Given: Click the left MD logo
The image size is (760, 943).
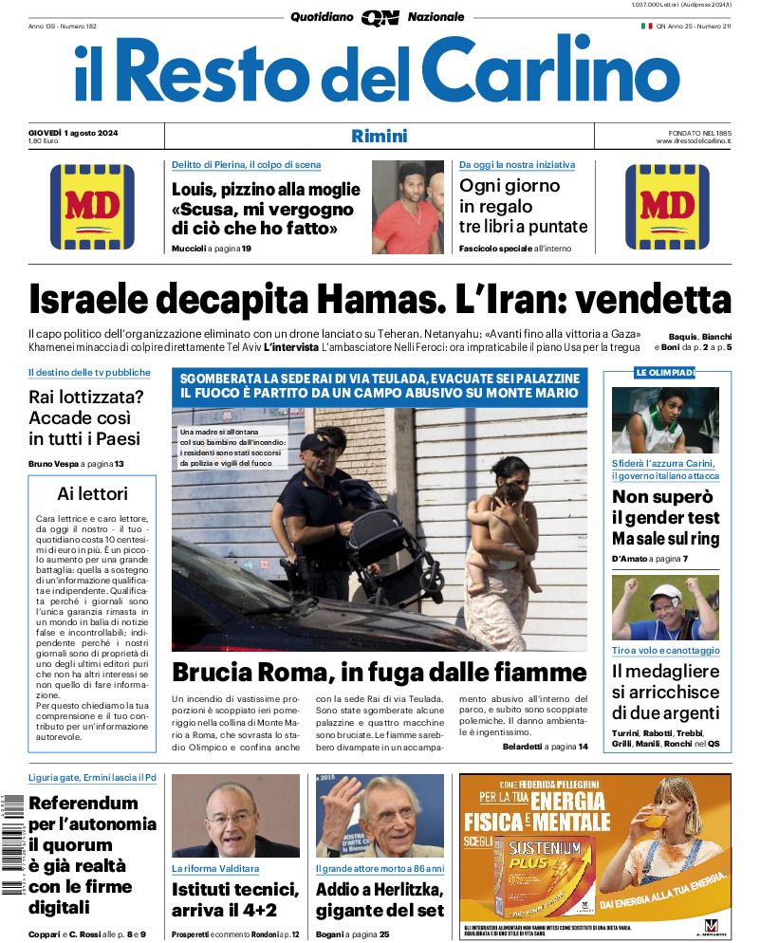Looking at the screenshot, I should point(92,207).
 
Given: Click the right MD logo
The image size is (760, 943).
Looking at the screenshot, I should point(667,207).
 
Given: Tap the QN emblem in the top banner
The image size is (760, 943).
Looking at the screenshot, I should point(380,17).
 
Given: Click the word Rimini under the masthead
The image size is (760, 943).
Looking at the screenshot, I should point(379,136).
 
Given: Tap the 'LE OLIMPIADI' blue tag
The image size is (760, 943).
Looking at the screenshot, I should point(665,373).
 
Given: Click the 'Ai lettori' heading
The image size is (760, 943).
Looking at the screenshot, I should point(92,493).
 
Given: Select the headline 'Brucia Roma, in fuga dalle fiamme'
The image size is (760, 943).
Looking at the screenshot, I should point(380,674).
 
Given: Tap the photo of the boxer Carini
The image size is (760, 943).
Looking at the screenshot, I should point(664,419).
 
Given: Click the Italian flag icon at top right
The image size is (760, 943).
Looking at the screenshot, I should point(646,26).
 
